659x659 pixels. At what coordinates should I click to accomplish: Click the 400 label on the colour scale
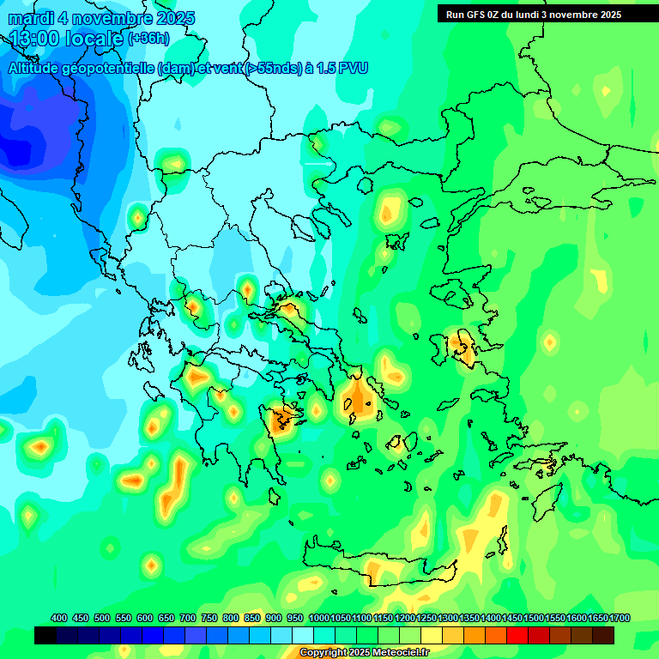[x=59, y=618]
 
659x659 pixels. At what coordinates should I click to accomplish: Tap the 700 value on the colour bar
[x=188, y=618]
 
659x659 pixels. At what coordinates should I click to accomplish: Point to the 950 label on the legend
[x=296, y=618]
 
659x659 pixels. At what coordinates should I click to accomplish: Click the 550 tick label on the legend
[x=124, y=618]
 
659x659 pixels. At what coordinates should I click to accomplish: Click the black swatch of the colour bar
[x=45, y=635]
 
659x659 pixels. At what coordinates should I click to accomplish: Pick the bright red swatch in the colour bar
[x=517, y=635]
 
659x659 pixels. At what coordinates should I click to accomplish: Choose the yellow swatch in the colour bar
[x=432, y=635]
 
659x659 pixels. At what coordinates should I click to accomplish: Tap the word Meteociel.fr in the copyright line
[x=402, y=653]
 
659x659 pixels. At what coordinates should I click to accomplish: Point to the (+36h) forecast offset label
[x=148, y=39]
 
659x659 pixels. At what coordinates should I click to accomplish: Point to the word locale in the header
[x=94, y=39]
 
